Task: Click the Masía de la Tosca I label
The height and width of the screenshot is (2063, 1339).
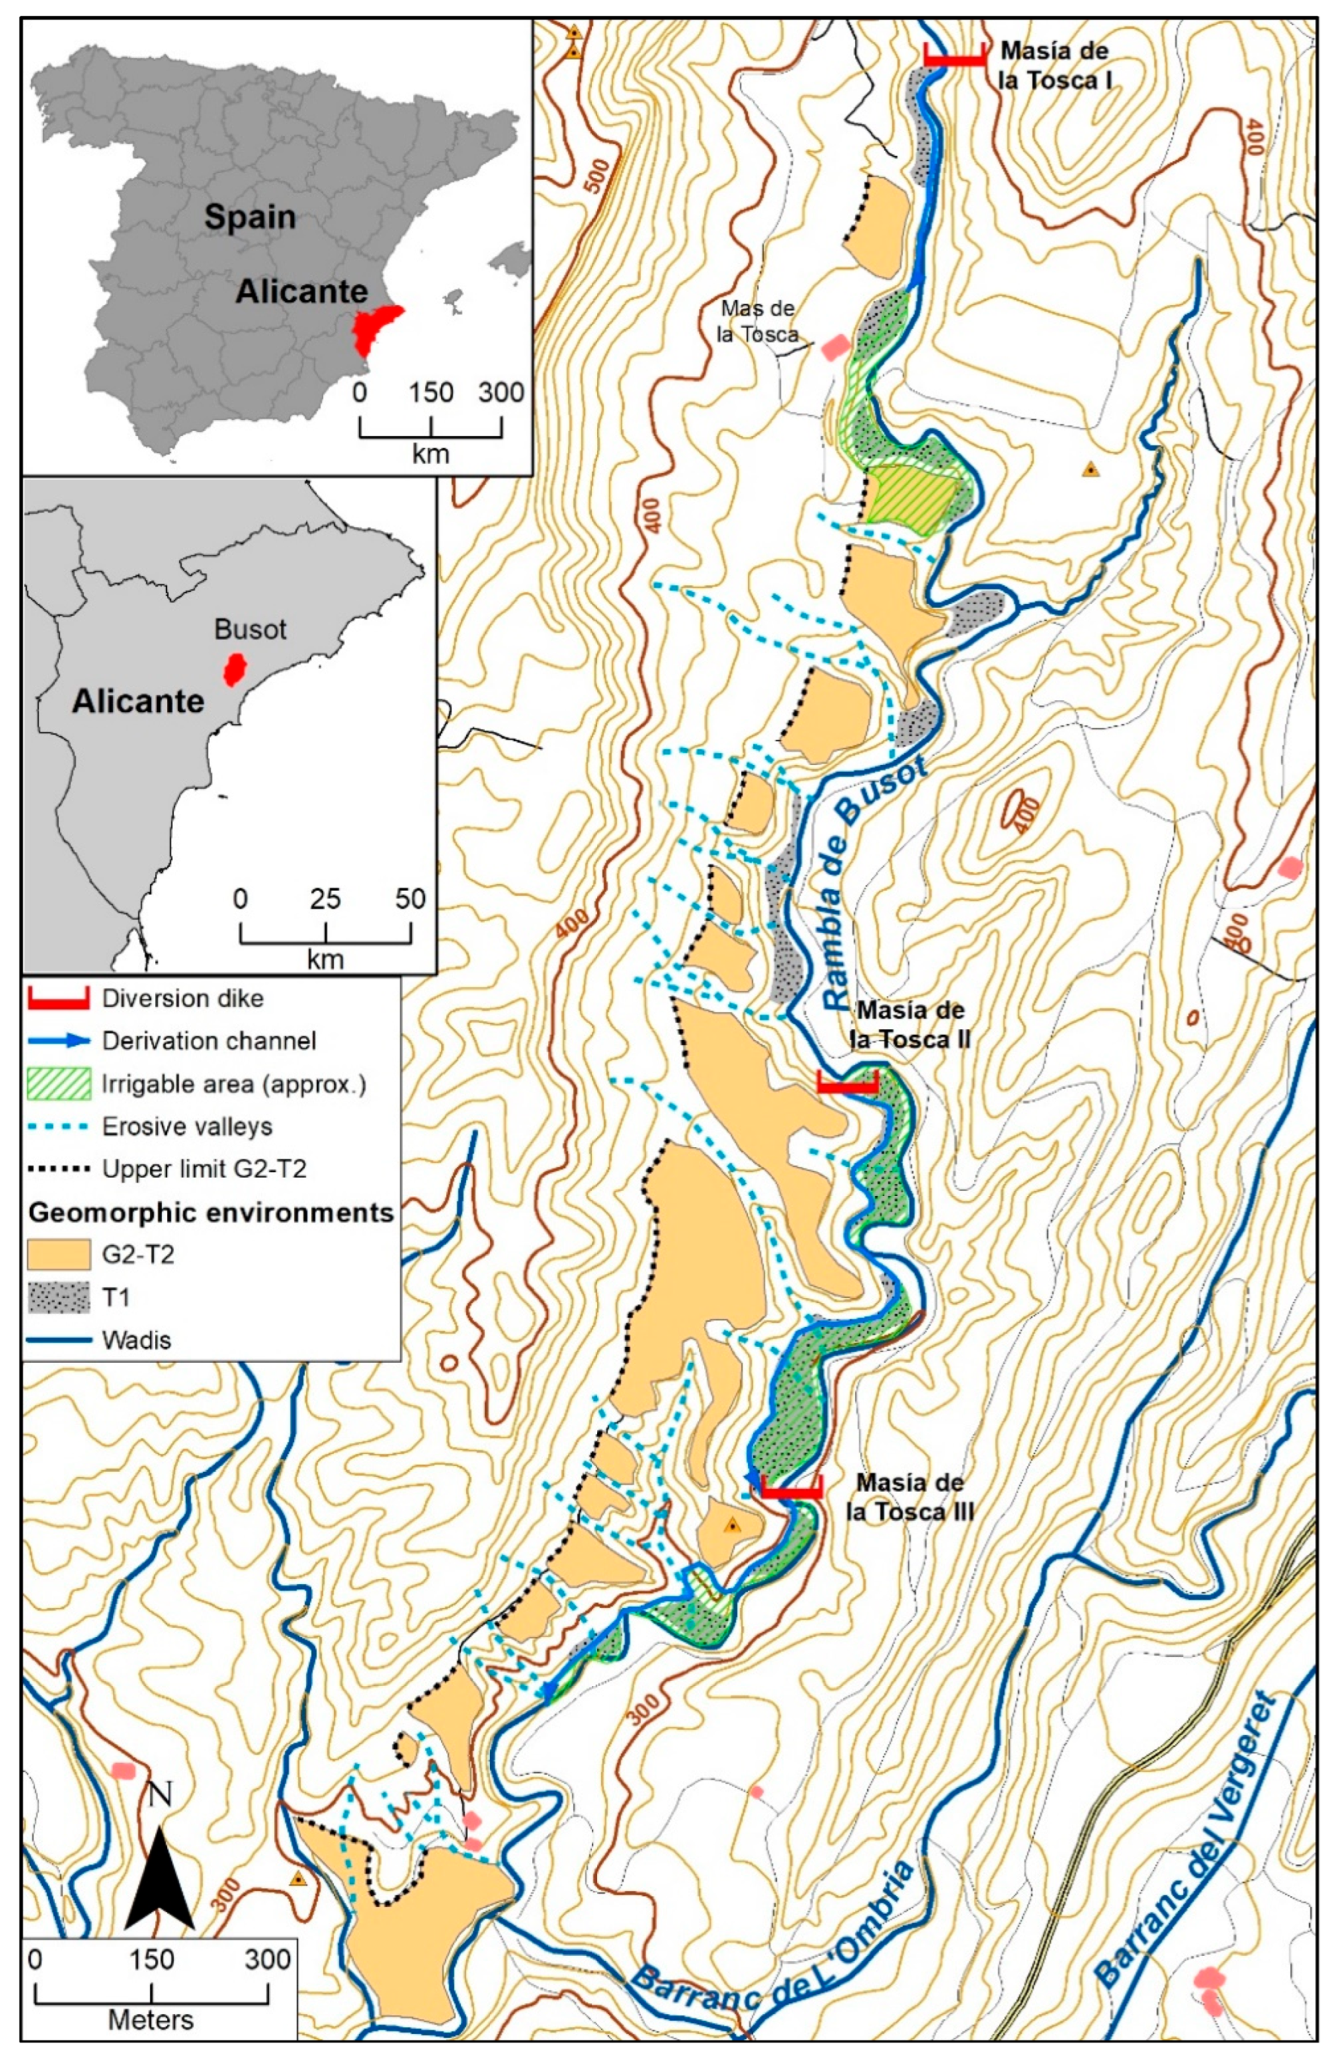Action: (x=1054, y=65)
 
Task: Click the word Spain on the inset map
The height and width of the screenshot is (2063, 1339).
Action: (x=249, y=217)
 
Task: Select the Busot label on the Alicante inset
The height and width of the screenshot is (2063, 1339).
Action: (x=249, y=630)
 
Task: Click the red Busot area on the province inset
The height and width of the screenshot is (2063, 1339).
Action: (x=233, y=670)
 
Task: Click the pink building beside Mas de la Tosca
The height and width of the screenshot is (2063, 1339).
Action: (x=834, y=348)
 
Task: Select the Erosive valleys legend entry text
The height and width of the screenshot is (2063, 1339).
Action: (x=187, y=1127)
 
